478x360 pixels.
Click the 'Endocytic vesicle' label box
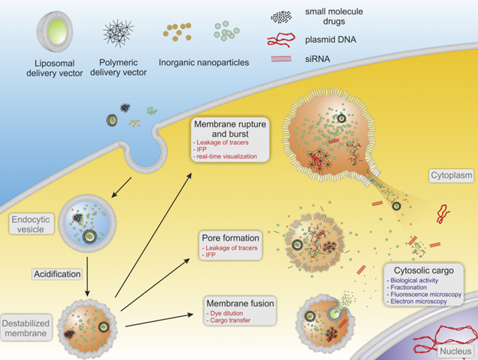(x=34, y=223)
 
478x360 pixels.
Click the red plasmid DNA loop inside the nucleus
(x=423, y=332)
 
